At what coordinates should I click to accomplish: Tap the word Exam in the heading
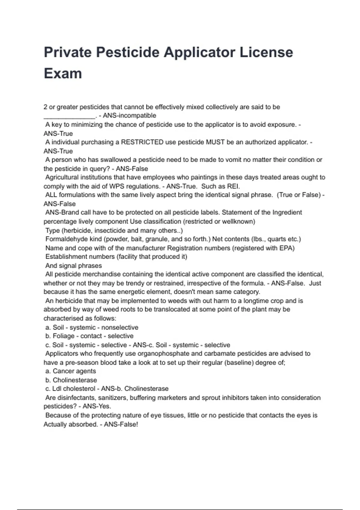point(63,74)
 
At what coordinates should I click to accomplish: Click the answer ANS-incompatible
point(129,116)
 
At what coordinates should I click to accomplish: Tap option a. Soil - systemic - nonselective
point(92,328)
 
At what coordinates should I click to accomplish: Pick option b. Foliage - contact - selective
point(89,336)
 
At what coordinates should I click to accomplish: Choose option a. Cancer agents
point(71,371)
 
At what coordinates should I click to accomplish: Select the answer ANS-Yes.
point(97,406)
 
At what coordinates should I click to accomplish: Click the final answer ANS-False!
point(121,424)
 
